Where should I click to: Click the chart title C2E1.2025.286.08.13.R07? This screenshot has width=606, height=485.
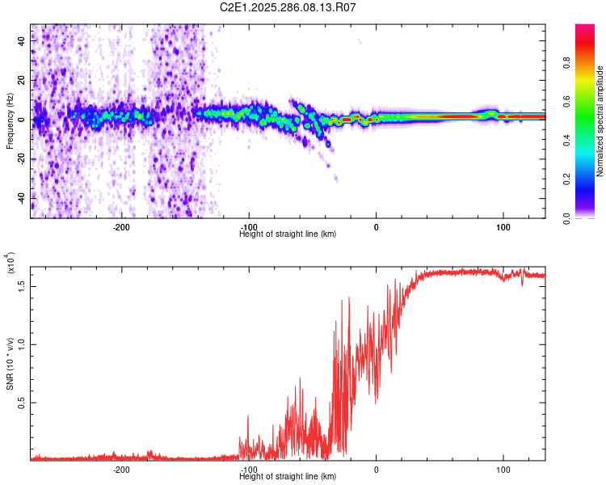point(288,7)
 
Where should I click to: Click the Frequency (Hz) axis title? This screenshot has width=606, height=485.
point(11,120)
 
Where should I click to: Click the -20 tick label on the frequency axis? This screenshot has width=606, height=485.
point(21,159)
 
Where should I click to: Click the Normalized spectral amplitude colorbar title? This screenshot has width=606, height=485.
point(600,120)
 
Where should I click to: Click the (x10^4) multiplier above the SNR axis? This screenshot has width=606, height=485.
point(11,263)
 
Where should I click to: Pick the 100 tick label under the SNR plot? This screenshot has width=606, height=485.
point(503,469)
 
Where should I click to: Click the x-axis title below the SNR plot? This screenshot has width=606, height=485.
point(288,477)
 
